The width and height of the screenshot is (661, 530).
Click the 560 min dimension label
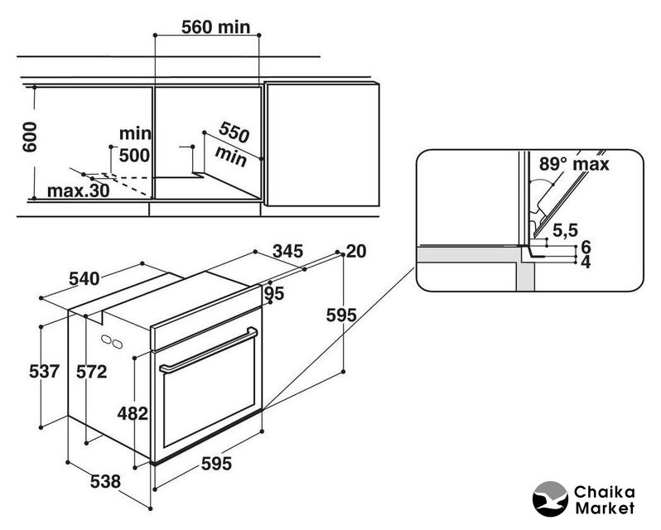click(215, 26)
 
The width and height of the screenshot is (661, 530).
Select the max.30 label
click(77, 191)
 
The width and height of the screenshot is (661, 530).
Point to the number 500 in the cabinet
click(134, 154)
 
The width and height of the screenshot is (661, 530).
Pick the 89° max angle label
click(573, 164)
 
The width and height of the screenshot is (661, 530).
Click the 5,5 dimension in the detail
click(567, 229)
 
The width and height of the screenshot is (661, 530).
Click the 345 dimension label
click(287, 250)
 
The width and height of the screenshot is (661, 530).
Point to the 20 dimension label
click(356, 252)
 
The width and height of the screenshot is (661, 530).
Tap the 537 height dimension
click(43, 372)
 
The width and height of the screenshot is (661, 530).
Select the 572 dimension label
click(92, 372)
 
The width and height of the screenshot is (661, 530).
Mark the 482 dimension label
click(133, 412)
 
